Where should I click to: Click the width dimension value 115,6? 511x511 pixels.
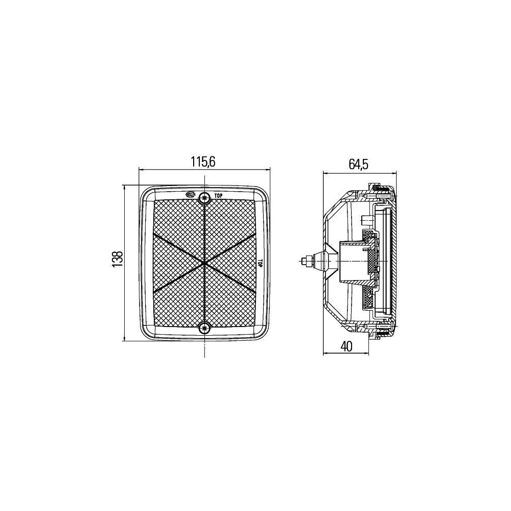(x=204, y=162)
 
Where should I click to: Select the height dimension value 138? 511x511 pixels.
(x=118, y=259)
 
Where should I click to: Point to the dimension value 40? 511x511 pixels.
(x=346, y=346)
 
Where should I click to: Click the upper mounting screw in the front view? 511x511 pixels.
(x=204, y=197)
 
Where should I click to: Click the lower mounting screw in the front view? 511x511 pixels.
(x=204, y=329)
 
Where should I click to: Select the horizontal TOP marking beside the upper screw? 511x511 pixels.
(x=218, y=195)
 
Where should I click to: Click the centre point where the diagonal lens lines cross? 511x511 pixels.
(x=204, y=263)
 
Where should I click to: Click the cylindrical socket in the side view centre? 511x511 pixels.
(x=353, y=261)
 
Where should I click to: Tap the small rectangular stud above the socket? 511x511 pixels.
(x=364, y=220)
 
